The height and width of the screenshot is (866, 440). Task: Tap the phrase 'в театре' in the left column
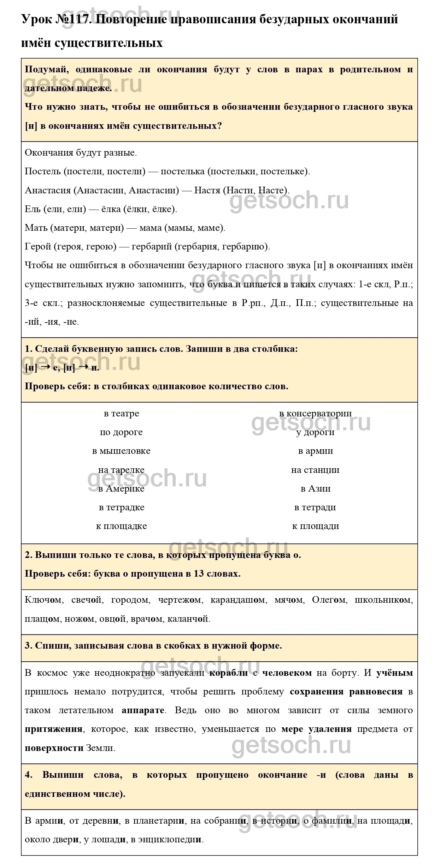tap(121, 413)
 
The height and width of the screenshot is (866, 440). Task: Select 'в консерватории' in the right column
tap(315, 413)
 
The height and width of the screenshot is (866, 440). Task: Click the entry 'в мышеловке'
tap(121, 451)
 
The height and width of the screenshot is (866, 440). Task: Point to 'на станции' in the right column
tap(315, 470)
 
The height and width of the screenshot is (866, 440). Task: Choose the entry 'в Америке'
tap(121, 489)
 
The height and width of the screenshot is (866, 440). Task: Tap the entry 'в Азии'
tap(315, 489)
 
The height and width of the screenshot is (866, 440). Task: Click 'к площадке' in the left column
tap(121, 526)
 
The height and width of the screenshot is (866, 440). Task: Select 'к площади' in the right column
tap(315, 526)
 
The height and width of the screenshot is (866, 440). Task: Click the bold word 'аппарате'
tap(143, 710)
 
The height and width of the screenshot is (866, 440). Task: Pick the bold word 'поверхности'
tap(54, 748)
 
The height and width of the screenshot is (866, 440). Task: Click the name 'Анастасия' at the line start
tap(48, 190)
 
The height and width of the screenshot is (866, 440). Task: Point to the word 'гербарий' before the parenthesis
tap(151, 246)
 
